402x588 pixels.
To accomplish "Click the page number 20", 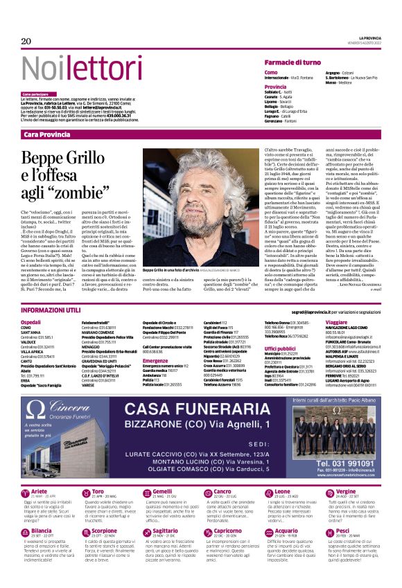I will click(26, 42).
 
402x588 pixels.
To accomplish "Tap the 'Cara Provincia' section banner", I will click(47, 134).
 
